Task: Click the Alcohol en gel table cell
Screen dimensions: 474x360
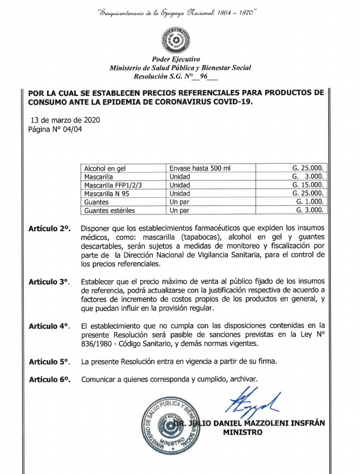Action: (x=107, y=168)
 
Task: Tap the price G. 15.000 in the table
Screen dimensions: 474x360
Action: (x=308, y=185)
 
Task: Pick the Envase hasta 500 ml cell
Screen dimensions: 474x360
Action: (x=200, y=168)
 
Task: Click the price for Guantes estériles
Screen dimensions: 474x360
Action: (x=310, y=210)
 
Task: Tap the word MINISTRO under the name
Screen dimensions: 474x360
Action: (x=243, y=432)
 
